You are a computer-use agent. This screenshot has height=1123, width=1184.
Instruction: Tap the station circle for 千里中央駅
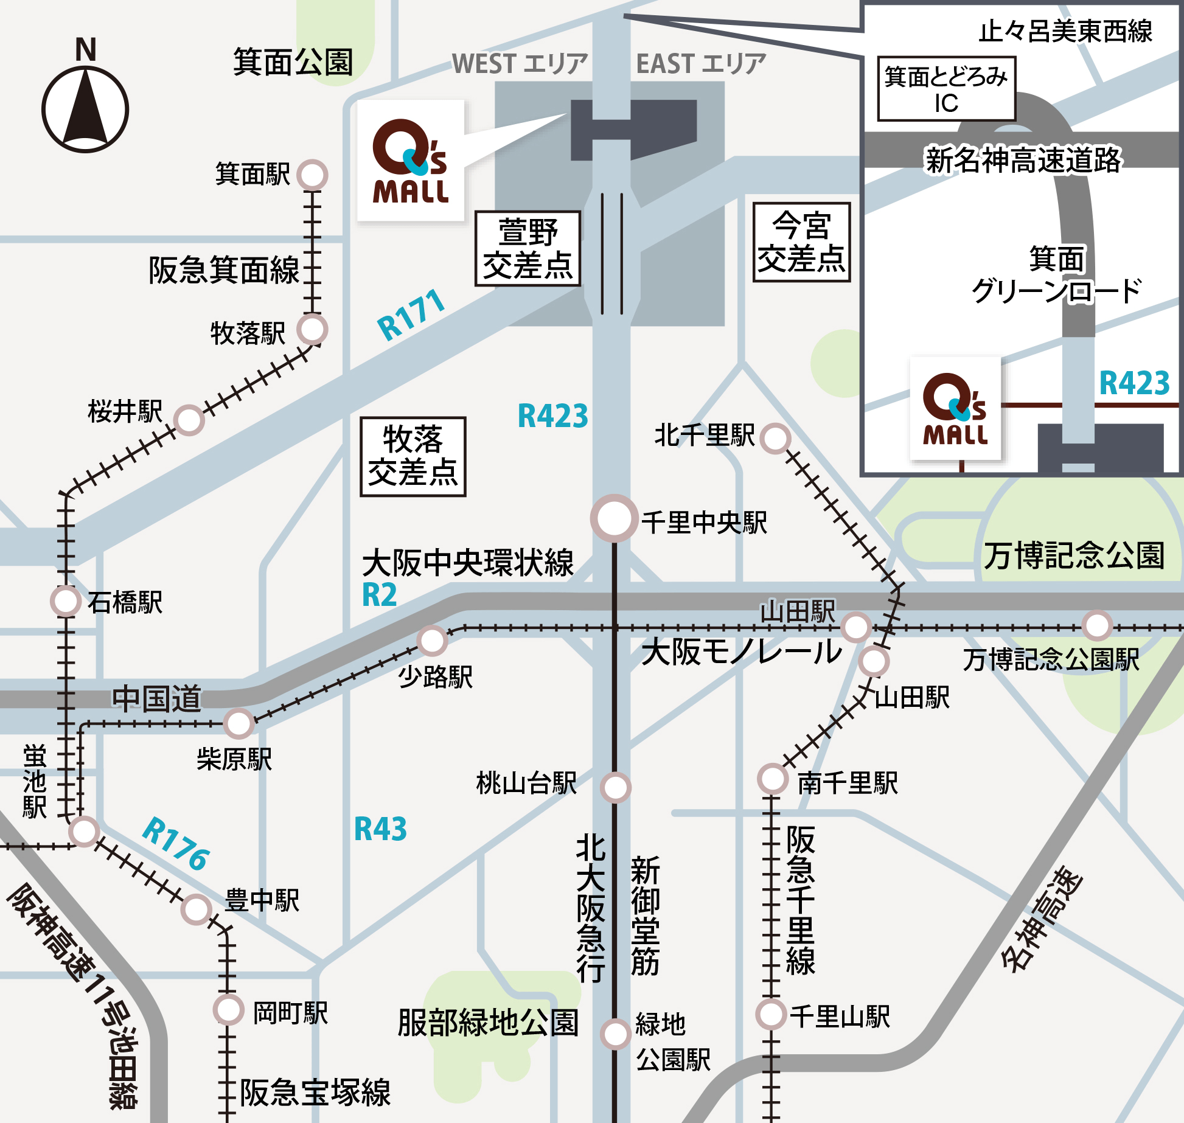(614, 518)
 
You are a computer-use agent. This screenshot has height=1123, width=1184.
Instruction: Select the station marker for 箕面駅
(312, 175)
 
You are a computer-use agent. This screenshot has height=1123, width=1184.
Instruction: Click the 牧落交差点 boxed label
(413, 457)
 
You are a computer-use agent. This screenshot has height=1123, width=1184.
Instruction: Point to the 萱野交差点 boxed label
(527, 248)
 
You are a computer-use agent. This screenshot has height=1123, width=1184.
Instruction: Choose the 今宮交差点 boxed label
(801, 242)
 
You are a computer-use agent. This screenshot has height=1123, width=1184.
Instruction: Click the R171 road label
(411, 315)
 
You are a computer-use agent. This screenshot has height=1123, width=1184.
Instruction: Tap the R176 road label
(176, 844)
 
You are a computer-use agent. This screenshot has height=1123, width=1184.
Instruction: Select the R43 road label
(380, 829)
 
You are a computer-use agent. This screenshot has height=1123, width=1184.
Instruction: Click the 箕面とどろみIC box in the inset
(946, 89)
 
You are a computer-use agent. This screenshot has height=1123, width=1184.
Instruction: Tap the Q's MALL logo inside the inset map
(955, 409)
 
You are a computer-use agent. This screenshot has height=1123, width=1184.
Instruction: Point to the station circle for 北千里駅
(775, 439)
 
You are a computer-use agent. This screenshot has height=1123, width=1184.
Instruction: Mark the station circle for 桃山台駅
(616, 788)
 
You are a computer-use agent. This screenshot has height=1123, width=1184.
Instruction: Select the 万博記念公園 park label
(1074, 555)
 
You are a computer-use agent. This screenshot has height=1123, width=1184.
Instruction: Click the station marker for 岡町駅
(229, 1010)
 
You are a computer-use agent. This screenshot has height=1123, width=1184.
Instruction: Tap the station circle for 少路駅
(432, 641)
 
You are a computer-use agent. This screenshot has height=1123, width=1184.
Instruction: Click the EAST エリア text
(700, 64)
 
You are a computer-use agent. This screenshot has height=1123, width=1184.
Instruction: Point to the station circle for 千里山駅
(771, 1014)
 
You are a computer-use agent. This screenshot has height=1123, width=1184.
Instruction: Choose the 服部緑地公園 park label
(488, 1023)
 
